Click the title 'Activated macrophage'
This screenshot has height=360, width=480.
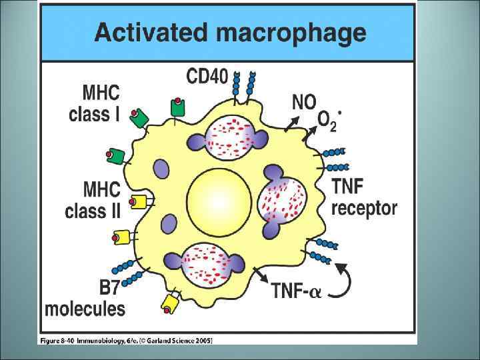230,32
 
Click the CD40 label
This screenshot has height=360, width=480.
207,77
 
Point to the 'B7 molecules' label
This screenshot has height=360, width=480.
85,299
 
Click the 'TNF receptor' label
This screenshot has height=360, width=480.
364,197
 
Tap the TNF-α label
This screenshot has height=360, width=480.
296,291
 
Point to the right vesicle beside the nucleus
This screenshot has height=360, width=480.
283,199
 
